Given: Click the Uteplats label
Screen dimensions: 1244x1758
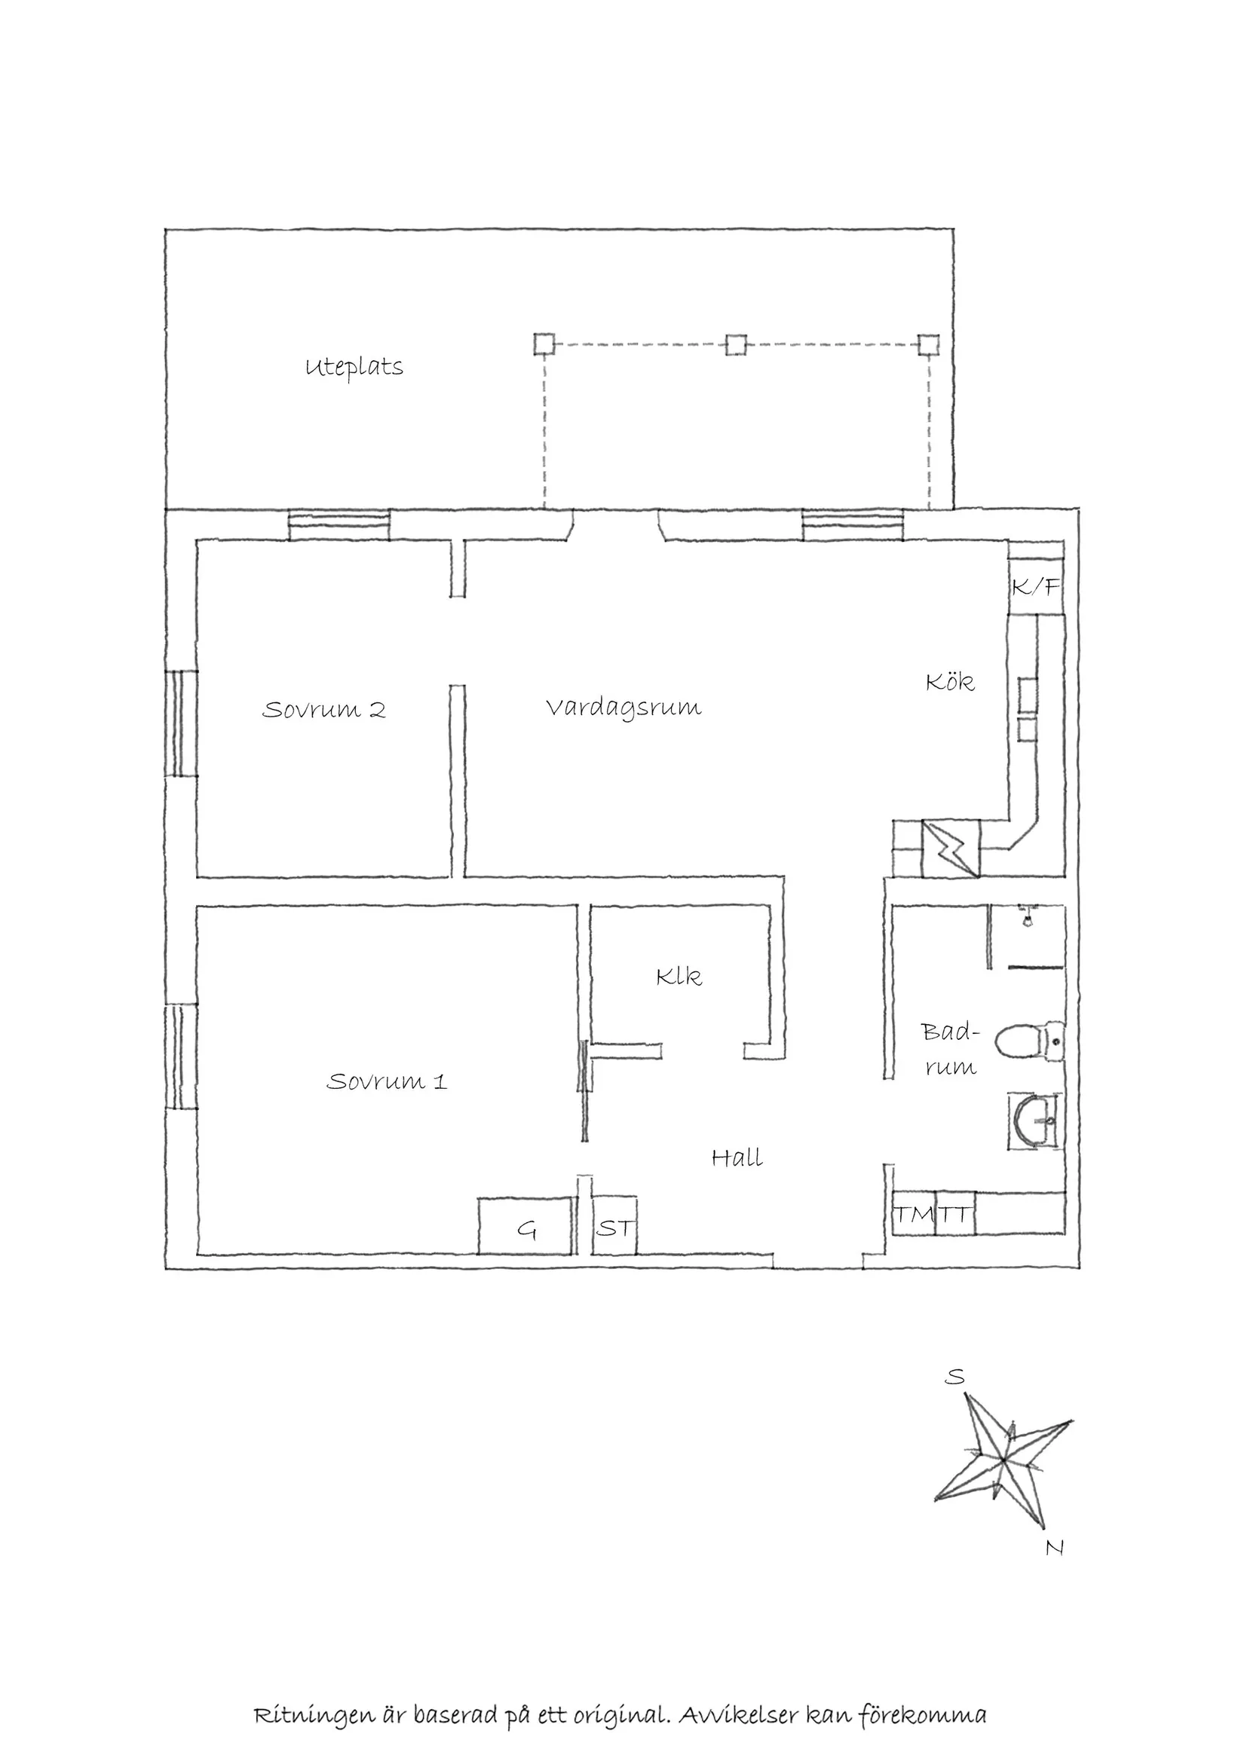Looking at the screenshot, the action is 354,368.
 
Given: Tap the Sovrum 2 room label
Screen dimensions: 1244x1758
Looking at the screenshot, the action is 324,710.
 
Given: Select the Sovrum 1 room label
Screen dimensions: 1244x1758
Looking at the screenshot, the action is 387,1081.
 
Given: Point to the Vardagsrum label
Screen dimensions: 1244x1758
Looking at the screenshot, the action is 624,708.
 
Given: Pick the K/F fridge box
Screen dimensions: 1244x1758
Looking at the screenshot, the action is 1036,586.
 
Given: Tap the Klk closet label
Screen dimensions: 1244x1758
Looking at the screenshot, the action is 679,977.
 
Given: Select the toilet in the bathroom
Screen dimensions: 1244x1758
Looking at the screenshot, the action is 1031,1041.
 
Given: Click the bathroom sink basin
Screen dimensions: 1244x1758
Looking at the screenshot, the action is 1035,1123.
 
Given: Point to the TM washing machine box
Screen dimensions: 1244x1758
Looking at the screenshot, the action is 914,1214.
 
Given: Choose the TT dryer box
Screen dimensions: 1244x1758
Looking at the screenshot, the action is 955,1214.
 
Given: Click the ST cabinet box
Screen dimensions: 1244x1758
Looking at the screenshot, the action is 615,1227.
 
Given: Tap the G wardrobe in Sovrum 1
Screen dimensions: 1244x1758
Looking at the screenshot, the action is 526,1227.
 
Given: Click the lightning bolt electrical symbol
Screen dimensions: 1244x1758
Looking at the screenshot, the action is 951,848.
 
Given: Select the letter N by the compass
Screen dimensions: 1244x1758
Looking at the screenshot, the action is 1055,1548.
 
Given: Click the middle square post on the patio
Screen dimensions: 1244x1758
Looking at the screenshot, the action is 735,344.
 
